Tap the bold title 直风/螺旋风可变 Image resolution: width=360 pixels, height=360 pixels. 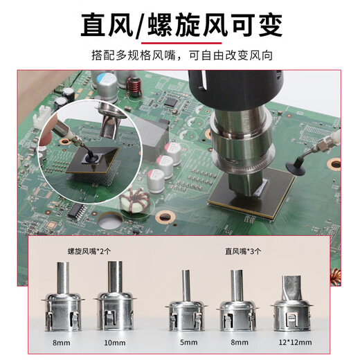click(180, 26)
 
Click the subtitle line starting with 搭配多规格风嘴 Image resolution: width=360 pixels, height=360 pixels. click(180, 55)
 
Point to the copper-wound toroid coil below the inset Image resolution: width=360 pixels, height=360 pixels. click(131, 202)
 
